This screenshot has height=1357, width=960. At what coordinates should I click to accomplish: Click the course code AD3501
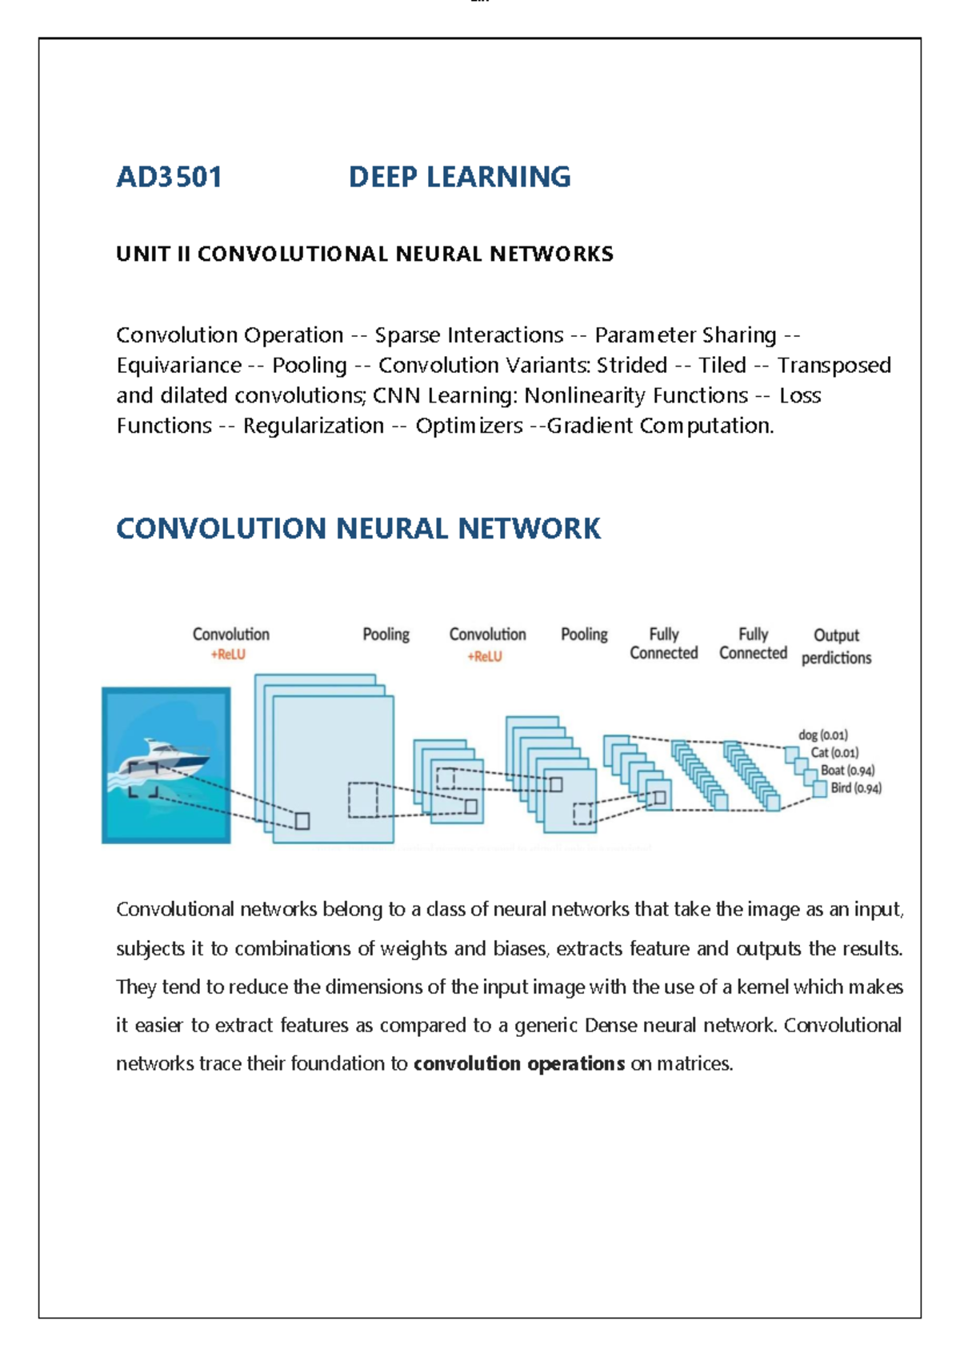(169, 177)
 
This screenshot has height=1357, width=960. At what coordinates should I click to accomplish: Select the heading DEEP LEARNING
(459, 177)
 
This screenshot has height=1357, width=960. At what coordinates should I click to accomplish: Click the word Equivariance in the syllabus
(178, 366)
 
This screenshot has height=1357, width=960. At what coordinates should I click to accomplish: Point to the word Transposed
(834, 366)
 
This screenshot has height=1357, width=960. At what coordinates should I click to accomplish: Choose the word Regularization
(313, 426)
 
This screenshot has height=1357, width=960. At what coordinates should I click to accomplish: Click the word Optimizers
(469, 426)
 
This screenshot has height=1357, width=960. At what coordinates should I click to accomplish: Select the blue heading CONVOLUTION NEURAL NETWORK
(358, 529)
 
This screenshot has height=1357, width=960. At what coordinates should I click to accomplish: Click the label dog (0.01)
(822, 735)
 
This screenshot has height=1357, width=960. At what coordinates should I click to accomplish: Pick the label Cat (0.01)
(834, 752)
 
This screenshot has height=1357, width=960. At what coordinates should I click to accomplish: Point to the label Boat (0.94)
(847, 770)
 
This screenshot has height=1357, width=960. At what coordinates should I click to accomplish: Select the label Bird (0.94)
(856, 788)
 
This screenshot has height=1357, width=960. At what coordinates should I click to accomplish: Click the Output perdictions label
(836, 646)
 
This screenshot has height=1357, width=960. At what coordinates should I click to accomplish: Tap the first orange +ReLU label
(228, 654)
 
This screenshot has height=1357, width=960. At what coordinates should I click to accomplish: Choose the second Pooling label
(584, 634)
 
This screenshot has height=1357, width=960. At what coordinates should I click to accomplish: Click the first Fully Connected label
(663, 643)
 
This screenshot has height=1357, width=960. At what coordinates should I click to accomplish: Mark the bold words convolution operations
(518, 1063)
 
